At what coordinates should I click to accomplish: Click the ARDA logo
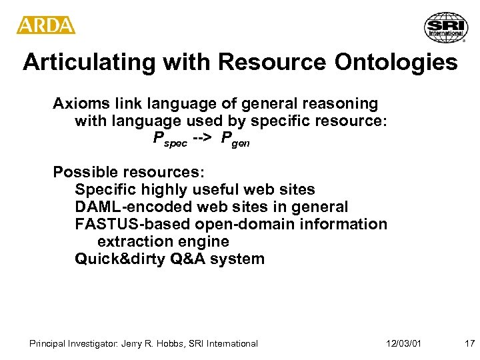click(46, 25)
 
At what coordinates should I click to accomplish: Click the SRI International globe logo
click(446, 27)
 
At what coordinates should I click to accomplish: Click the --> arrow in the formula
click(203, 139)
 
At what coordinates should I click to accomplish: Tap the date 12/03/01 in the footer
click(403, 344)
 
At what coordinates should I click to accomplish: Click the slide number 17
click(469, 344)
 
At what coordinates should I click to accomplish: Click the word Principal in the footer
click(47, 344)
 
